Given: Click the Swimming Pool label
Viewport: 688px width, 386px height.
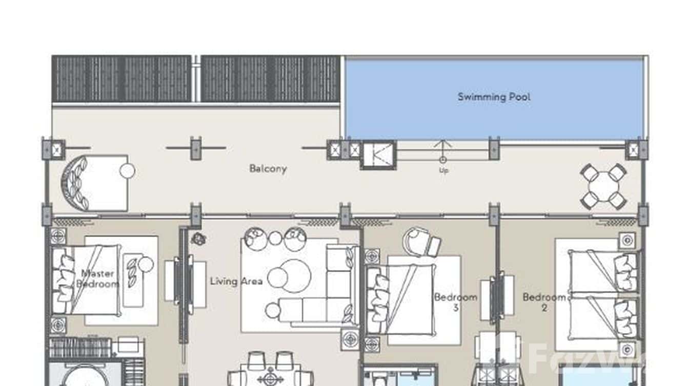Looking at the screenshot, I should (x=494, y=97).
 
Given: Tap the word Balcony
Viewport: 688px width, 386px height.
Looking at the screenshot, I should (x=268, y=168).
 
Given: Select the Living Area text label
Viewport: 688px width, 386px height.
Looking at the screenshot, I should (x=236, y=281).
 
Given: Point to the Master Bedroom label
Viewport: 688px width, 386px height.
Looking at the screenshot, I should (x=97, y=278).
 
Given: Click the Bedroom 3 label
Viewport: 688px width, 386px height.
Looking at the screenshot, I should (x=455, y=302).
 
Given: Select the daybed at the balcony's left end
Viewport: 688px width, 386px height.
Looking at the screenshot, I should (x=95, y=183).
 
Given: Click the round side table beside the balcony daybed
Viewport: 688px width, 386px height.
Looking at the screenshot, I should (x=127, y=171).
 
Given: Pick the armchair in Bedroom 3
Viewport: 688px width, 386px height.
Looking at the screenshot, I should (x=422, y=242).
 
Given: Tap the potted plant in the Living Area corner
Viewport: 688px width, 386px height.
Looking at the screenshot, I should (x=198, y=238).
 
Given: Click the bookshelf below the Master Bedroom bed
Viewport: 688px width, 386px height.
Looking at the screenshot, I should (x=80, y=348).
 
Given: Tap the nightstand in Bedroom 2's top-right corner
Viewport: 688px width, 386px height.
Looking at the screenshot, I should (x=626, y=240).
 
